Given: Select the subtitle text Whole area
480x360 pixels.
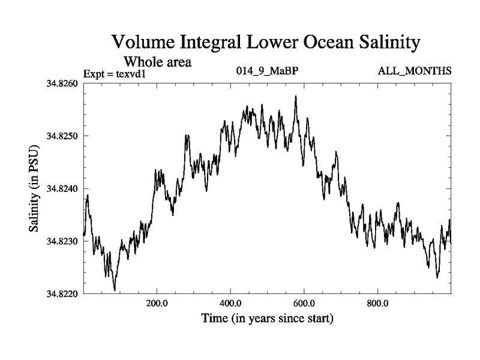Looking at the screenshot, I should click(x=157, y=61).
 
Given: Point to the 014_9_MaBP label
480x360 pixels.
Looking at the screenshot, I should click(x=268, y=71).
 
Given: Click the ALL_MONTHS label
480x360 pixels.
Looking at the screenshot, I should click(x=414, y=71).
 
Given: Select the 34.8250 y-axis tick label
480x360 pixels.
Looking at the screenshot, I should click(x=62, y=136).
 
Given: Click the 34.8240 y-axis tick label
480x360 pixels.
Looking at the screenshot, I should click(x=62, y=188).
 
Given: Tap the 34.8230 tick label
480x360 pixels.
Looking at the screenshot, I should click(x=62, y=241).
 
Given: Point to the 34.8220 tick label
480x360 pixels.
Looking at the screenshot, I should click(x=62, y=294).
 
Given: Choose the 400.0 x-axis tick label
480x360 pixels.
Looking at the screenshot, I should click(x=230, y=303).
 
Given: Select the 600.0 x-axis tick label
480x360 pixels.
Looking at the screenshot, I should click(x=304, y=303).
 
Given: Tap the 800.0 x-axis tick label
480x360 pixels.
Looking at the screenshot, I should click(x=378, y=303).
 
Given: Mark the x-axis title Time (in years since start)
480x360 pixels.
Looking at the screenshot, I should click(x=267, y=318).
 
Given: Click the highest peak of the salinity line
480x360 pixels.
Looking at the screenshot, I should click(x=296, y=96).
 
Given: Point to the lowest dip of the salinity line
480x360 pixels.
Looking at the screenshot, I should click(x=115, y=290).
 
